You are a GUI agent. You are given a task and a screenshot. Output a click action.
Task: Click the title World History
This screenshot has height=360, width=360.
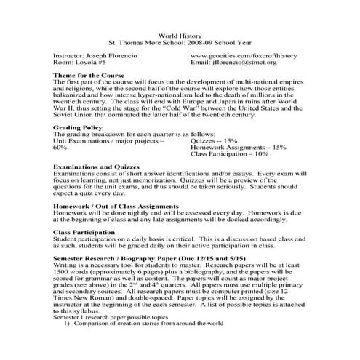coord(179,34)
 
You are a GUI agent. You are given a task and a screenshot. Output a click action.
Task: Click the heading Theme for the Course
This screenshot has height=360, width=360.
coord(89,76)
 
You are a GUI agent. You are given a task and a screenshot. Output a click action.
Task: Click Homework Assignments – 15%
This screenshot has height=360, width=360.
coord(238,147)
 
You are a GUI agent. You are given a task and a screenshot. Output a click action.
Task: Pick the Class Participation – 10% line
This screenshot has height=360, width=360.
coord(231,154)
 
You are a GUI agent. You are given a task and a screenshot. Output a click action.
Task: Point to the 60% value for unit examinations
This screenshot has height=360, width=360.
coord(60,147)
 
